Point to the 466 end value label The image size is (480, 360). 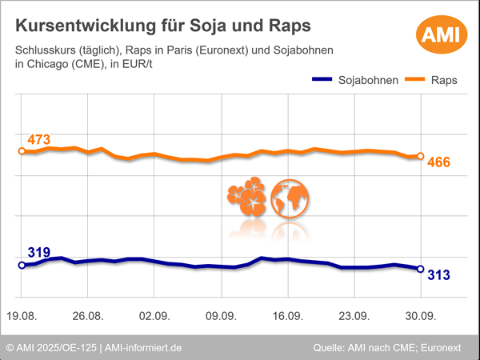coord(439,162)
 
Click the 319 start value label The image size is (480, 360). coord(38,253)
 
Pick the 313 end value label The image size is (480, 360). coord(439,275)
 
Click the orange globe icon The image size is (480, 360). coord(290,198)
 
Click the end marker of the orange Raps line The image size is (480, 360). coord(421,157)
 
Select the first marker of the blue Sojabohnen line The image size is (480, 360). coord(22,265)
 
